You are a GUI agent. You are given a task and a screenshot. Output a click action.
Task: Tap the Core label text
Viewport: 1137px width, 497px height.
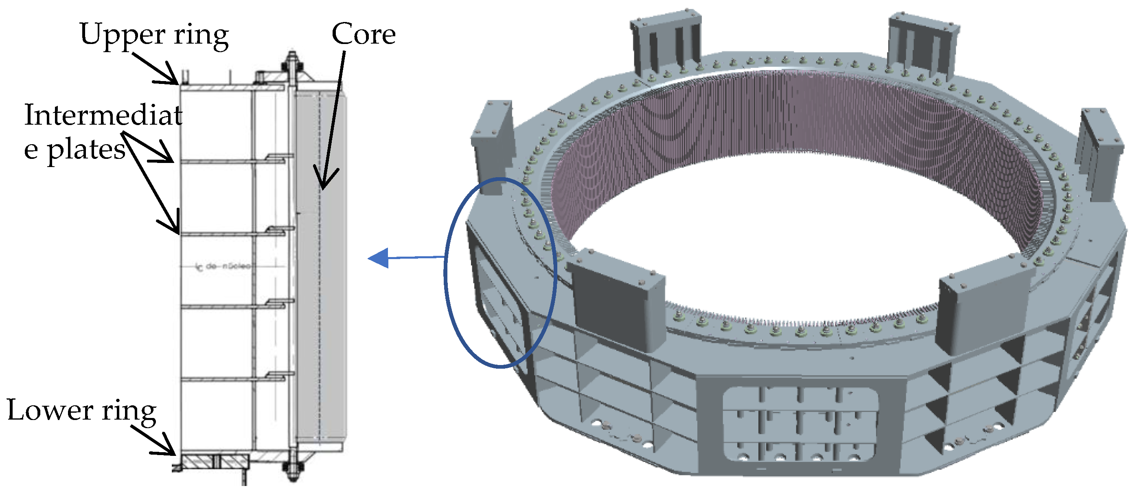(363, 34)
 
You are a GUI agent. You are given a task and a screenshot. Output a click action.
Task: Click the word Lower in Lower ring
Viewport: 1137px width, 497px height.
(49, 410)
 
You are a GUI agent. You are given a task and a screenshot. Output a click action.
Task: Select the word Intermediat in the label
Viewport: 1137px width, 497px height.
(103, 115)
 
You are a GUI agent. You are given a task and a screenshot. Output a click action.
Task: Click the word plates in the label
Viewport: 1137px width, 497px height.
(85, 150)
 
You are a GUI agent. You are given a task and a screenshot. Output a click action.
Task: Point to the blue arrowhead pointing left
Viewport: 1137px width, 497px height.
(379, 258)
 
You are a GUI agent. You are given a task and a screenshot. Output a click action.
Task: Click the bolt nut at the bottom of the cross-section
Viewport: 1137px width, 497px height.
(292, 467)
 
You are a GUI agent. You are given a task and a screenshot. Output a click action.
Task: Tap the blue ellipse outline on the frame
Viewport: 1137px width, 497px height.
(446, 274)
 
